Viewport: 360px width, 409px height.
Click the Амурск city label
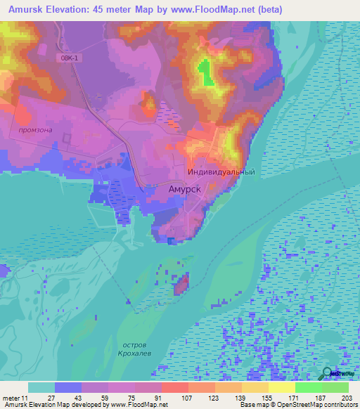click(x=188, y=189)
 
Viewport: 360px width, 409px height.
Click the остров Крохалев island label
click(x=134, y=351)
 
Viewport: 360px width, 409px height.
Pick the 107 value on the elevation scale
click(x=188, y=397)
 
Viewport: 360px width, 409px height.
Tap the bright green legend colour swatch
click(x=308, y=387)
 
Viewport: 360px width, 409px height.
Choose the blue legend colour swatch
click(x=68, y=387)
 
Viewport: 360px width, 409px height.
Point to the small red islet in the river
click(x=181, y=285)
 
